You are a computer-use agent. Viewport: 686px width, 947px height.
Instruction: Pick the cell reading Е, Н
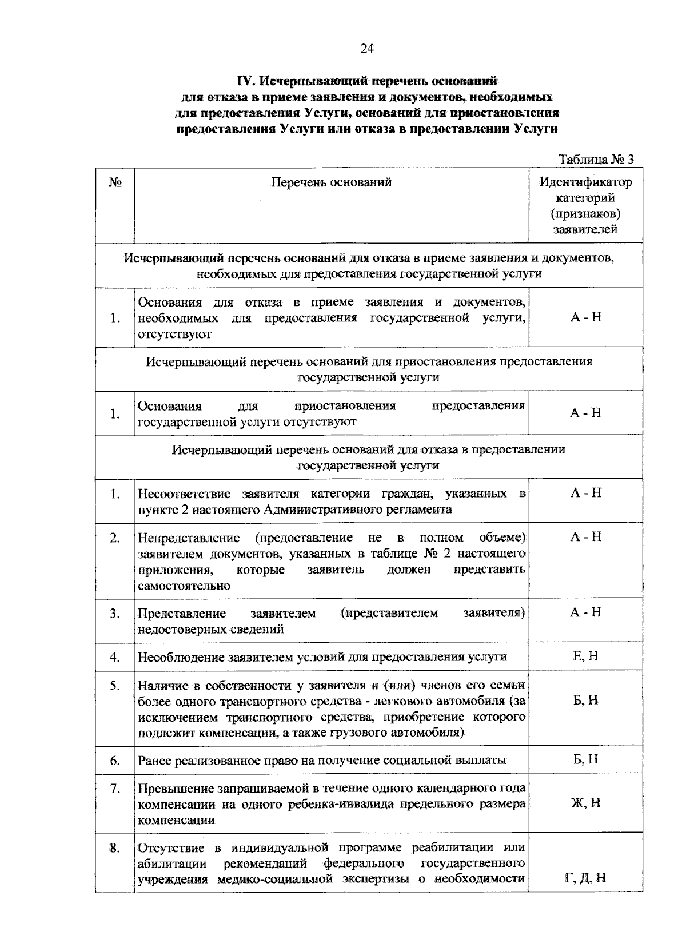[585, 656]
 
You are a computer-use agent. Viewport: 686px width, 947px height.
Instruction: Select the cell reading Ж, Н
[585, 803]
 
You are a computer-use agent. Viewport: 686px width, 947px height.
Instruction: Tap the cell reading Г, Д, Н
[585, 878]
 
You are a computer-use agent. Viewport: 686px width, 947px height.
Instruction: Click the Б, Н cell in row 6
[585, 759]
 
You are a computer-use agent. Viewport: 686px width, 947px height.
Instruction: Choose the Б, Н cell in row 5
[585, 700]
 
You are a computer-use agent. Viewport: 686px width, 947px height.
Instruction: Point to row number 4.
[115, 657]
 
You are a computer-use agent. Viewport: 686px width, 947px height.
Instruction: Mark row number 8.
[115, 847]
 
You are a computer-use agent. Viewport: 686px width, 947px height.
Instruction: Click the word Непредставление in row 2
[189, 538]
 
